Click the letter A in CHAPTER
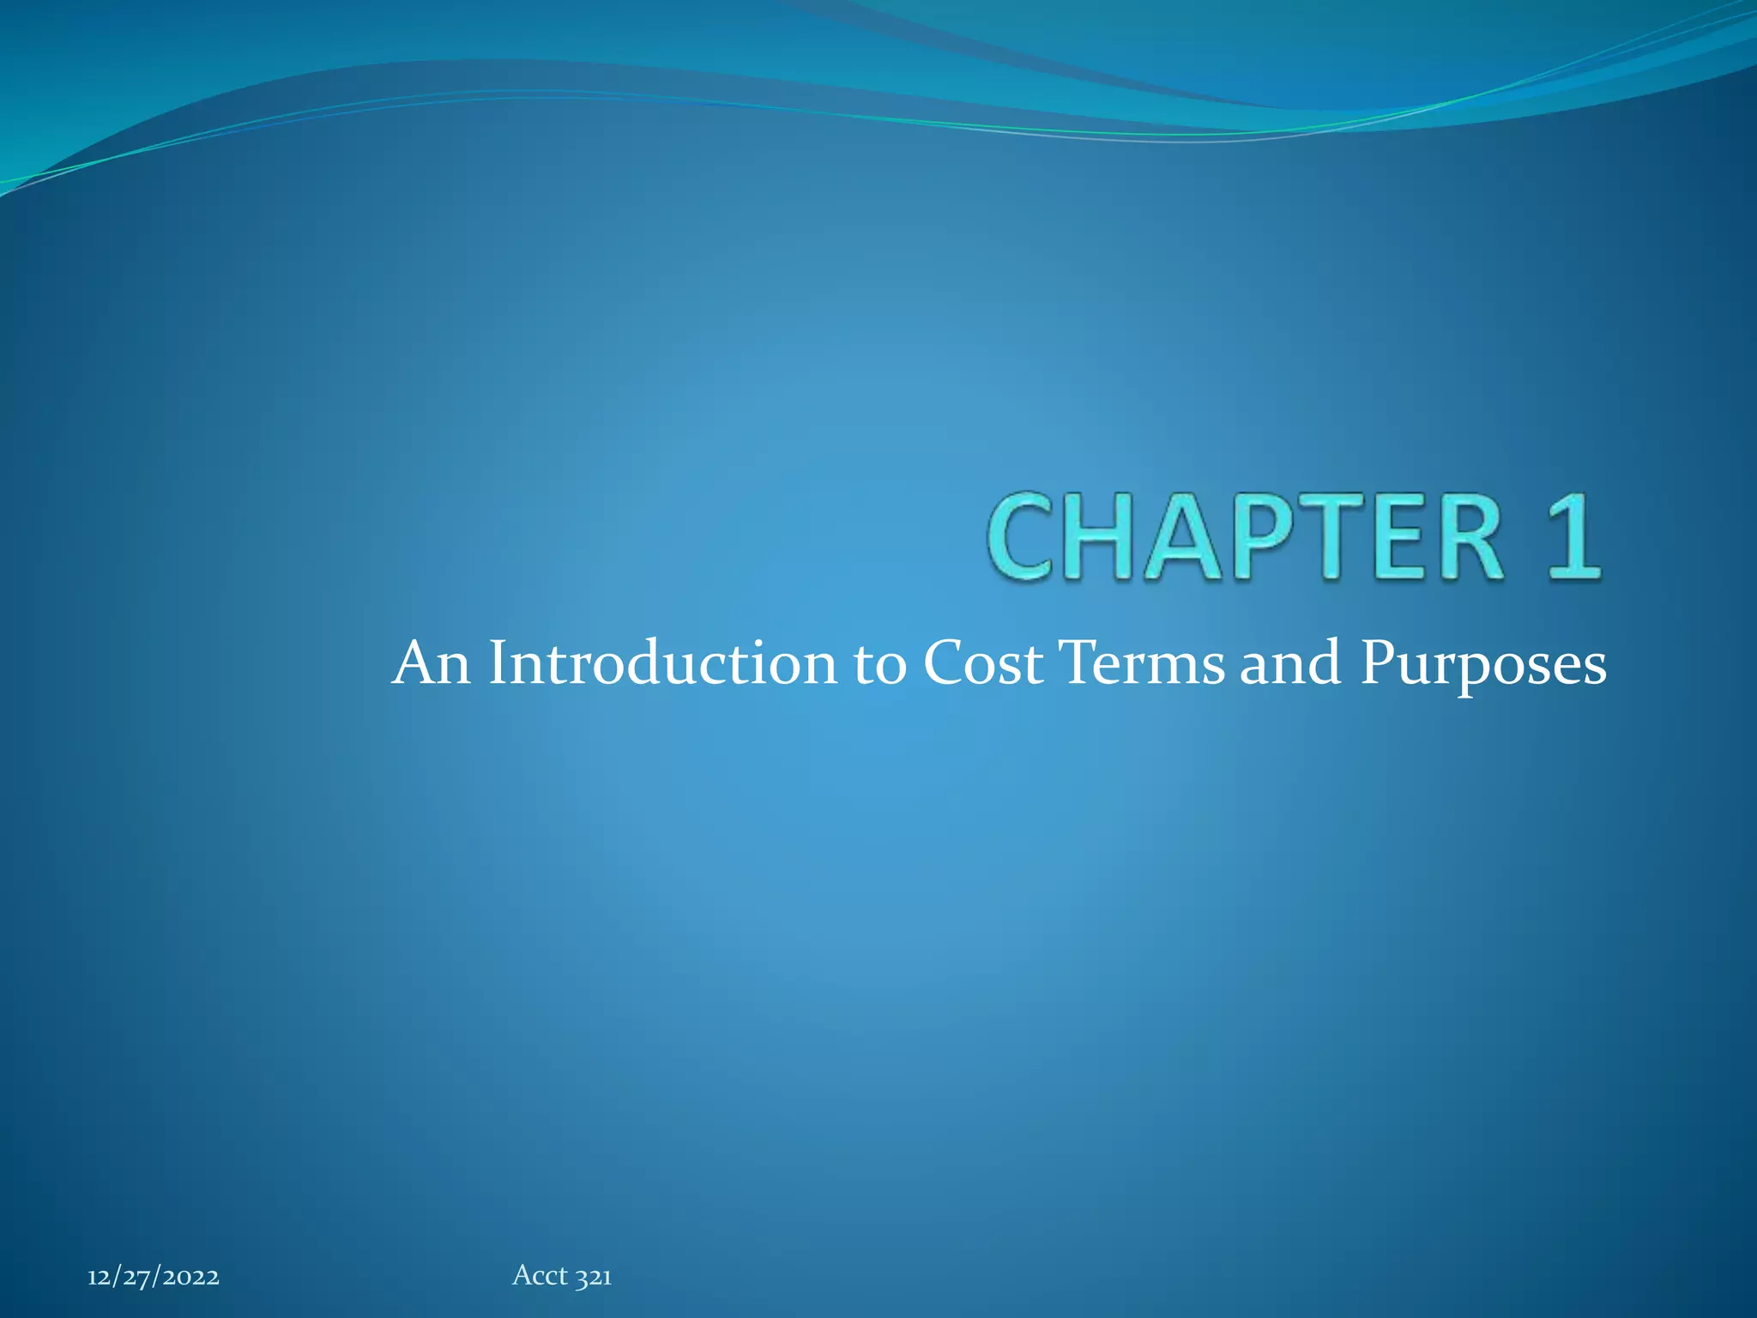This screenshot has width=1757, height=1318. click(x=1184, y=537)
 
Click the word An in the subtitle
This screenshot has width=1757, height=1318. click(x=431, y=664)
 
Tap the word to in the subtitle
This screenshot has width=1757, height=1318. click(x=879, y=666)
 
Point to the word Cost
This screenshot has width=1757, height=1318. click(x=983, y=664)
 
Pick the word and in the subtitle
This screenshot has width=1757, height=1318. click(x=1290, y=664)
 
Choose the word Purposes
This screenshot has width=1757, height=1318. click(x=1483, y=666)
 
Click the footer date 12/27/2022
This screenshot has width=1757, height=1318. click(x=154, y=1278)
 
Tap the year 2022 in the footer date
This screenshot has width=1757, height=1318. click(x=190, y=1278)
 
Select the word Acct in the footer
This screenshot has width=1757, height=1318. click(x=540, y=1276)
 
